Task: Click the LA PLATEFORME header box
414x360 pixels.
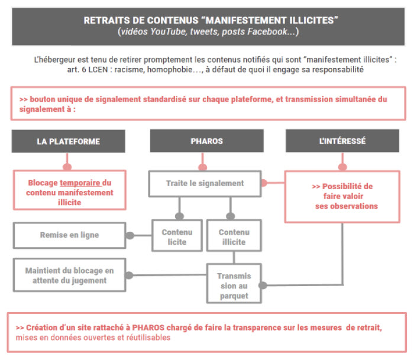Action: [69, 141]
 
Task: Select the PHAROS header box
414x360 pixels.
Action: [207, 141]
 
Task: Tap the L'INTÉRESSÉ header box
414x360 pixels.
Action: [342, 141]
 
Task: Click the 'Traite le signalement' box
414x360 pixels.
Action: [205, 184]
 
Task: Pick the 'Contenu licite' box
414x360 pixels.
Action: [177, 235]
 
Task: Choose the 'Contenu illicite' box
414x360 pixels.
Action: [234, 235]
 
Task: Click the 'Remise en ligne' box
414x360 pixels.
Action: [69, 235]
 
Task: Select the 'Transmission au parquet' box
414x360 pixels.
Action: [234, 284]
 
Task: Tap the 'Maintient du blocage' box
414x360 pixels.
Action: [69, 275]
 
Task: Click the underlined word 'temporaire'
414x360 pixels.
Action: [80, 183]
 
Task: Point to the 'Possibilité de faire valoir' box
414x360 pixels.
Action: [342, 197]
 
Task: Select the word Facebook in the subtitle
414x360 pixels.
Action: [267, 32]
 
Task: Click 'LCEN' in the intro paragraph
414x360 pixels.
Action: [98, 70]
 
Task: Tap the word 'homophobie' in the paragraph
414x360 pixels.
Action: [170, 70]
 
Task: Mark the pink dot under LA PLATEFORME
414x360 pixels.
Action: [67, 167]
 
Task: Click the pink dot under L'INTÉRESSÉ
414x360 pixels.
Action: [342, 167]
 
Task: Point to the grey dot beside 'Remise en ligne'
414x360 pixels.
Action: [130, 235]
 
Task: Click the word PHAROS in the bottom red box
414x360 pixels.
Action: [148, 327]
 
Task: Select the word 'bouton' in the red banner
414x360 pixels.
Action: [42, 99]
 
